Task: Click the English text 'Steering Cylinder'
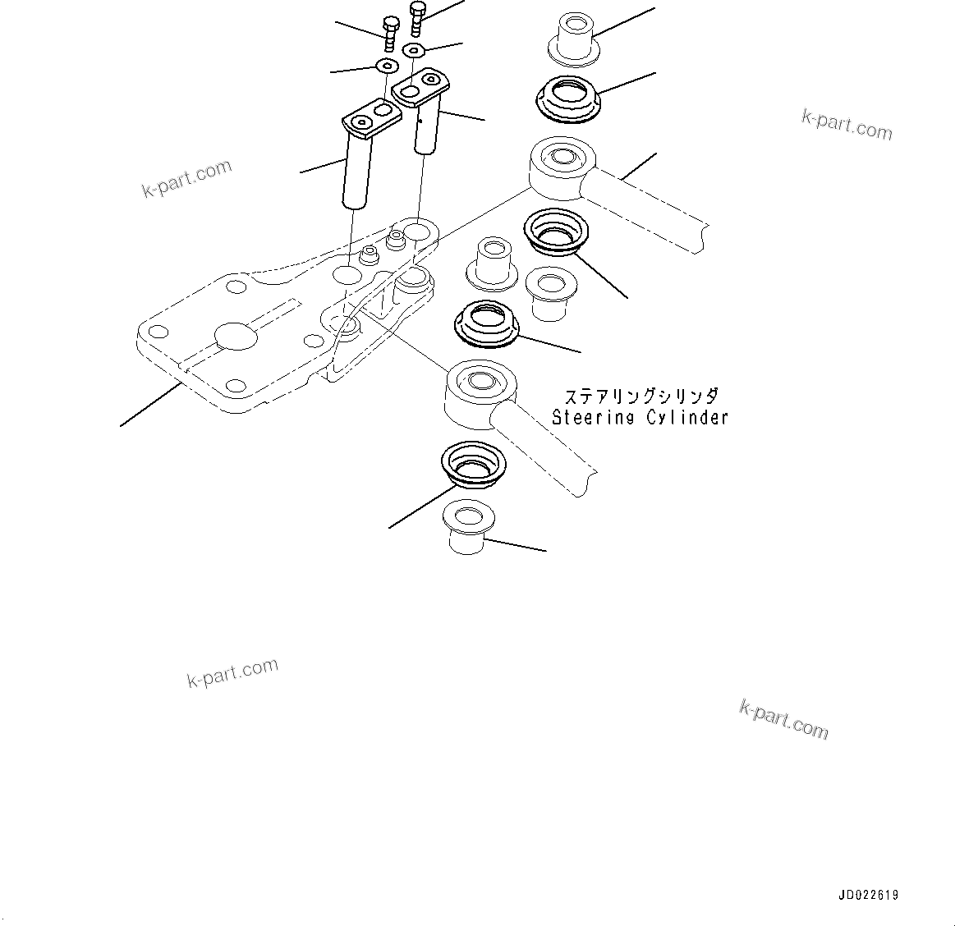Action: (x=639, y=418)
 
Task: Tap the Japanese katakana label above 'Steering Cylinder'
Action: (x=636, y=397)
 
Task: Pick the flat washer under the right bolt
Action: (x=415, y=51)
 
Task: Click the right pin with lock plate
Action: (x=425, y=115)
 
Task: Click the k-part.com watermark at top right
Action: (x=847, y=126)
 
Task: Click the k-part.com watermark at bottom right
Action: (x=783, y=718)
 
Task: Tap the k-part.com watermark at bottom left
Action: (x=233, y=672)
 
